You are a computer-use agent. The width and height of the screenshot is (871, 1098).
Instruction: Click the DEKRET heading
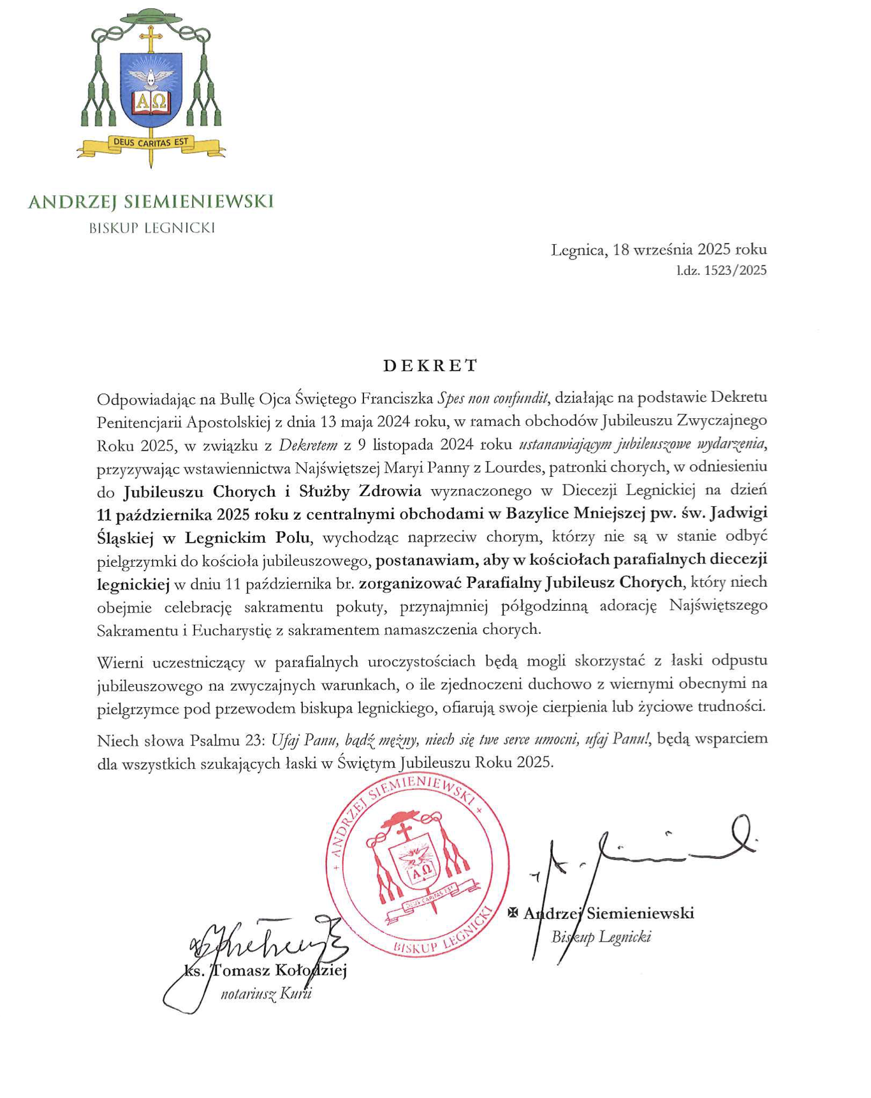[430, 365]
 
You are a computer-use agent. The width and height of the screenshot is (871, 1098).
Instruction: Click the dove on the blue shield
[151, 78]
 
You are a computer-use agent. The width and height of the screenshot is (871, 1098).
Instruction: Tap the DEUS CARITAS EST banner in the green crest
[150, 142]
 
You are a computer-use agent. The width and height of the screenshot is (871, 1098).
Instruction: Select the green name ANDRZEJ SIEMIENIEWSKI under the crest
[150, 201]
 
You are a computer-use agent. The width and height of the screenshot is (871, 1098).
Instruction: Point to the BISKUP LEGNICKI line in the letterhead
[152, 228]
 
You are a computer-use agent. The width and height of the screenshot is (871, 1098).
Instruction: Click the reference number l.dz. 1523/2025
[721, 270]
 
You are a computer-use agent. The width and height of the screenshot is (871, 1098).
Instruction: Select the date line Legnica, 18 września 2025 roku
[659, 249]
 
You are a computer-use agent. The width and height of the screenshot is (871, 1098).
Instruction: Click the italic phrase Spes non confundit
[492, 399]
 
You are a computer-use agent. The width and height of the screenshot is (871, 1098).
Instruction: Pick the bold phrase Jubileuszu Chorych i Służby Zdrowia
[272, 491]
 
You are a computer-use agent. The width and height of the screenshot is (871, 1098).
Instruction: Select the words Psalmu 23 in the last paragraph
[226, 740]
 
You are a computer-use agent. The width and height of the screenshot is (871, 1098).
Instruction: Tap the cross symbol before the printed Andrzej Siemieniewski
[513, 912]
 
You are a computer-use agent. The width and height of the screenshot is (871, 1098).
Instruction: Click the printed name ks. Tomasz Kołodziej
[265, 970]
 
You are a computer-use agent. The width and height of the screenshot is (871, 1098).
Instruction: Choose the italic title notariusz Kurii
[266, 993]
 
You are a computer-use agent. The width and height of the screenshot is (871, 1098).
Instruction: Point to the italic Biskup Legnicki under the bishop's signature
[601, 937]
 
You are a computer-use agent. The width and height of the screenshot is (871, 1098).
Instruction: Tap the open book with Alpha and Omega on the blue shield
[151, 102]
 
